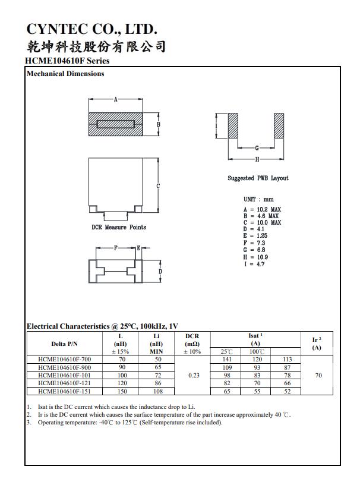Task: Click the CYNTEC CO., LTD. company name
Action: coord(92,29)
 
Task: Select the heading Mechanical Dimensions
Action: coord(65,74)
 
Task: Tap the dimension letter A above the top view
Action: coord(115,99)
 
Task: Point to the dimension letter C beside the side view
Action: coord(158,187)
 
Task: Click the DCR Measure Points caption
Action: coord(119,227)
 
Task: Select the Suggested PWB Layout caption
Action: coord(258,178)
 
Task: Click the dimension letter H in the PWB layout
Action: coord(257,159)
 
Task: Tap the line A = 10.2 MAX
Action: coord(262,209)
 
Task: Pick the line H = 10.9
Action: coord(255,257)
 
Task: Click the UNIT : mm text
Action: coord(258,199)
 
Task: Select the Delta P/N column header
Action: coord(64,344)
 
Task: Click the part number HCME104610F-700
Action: coord(64,360)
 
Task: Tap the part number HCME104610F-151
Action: coord(64,392)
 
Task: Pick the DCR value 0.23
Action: coord(193,376)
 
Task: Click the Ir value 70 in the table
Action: coord(318,376)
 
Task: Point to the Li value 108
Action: coord(157,392)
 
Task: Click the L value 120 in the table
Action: coord(122,384)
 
